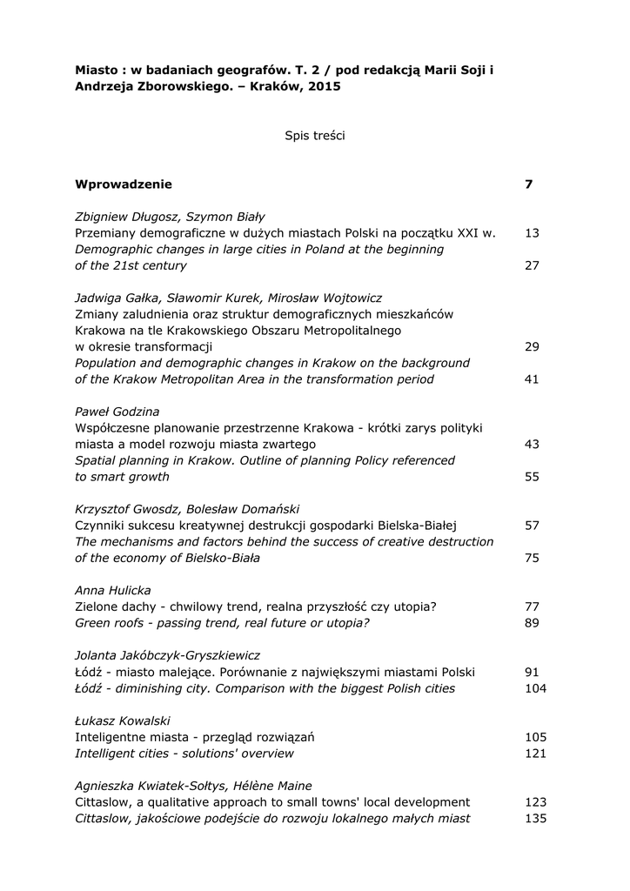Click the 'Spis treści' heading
point(314,136)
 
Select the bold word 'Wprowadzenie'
point(124,184)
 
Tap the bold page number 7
point(529,184)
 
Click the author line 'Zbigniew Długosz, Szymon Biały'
point(170,217)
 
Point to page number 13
point(533,233)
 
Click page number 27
point(533,265)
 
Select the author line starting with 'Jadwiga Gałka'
point(228,298)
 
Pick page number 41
point(533,379)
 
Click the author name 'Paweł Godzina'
point(117,412)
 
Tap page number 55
point(533,477)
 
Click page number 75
point(533,558)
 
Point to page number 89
point(533,623)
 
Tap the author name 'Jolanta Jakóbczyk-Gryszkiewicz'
point(168,655)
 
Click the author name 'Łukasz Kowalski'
point(123,720)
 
